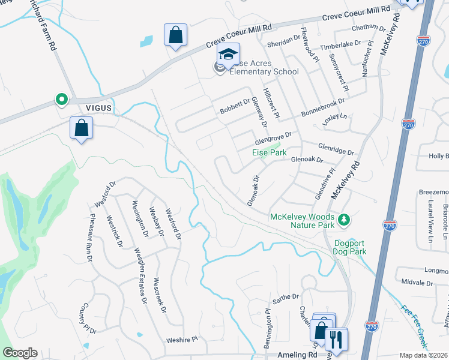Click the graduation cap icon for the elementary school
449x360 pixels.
(228, 55)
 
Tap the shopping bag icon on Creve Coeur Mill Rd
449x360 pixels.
(175, 36)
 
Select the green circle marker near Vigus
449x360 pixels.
(61, 100)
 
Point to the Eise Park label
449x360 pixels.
(269, 153)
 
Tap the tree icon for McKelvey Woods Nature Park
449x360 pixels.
(344, 220)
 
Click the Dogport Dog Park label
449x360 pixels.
(350, 247)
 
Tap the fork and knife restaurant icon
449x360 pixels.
(337, 340)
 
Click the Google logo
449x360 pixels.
(20, 353)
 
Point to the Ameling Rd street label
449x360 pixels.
(297, 355)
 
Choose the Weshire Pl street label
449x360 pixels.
(182, 339)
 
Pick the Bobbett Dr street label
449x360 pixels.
(235, 106)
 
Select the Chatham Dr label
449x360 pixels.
(370, 28)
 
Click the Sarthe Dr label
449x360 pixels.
(286, 297)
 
